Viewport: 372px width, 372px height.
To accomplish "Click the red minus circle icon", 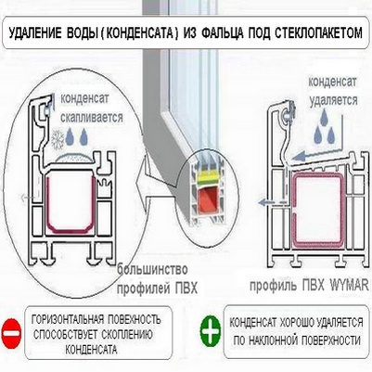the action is click(12, 333).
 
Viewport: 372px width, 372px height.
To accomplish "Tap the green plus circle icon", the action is click(211, 330).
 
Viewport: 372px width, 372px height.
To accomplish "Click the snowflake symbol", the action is click(58, 139).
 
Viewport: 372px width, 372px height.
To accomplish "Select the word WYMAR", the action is click(350, 285).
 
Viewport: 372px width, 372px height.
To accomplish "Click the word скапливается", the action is click(92, 118).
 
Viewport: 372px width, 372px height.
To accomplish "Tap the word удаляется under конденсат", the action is click(333, 100).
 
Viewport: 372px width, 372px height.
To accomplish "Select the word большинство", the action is click(152, 270).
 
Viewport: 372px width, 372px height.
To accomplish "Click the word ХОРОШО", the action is click(296, 322).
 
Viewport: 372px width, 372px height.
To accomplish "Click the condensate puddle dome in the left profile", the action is click(73, 159).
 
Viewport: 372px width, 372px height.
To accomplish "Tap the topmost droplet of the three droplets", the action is click(324, 118).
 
